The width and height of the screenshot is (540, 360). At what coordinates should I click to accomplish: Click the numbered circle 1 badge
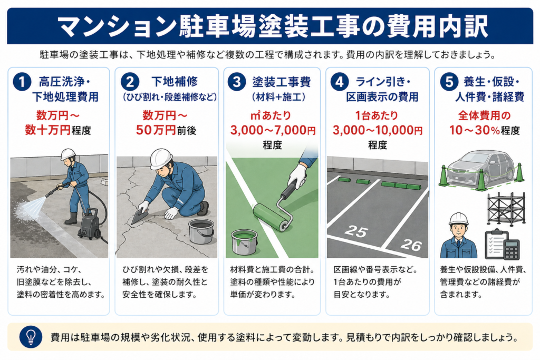[x=22, y=82]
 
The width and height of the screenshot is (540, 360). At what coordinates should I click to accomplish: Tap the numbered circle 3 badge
[x=237, y=82]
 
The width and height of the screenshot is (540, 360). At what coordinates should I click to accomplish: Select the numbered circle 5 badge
[x=449, y=82]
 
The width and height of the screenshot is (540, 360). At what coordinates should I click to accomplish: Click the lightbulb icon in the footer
[x=31, y=337]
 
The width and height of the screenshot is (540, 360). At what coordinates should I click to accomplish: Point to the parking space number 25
[x=356, y=231]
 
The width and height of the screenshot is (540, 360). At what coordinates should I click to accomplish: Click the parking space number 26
[x=411, y=245]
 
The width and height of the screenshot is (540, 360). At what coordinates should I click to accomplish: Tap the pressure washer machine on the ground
[x=90, y=223]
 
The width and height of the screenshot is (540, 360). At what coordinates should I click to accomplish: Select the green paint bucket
[x=244, y=242]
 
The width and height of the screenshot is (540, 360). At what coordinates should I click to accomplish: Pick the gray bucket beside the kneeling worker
[x=201, y=231]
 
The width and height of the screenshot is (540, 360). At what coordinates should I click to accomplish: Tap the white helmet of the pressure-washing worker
[x=68, y=154]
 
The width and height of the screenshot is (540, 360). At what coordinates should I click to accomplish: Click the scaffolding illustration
[x=506, y=209]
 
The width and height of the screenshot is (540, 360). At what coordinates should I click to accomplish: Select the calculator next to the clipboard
[x=512, y=249]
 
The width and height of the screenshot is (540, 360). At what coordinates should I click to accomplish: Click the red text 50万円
[x=156, y=130]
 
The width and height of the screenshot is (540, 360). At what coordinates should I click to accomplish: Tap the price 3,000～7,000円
[x=273, y=130]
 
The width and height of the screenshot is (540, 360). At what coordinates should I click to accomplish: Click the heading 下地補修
[x=175, y=82]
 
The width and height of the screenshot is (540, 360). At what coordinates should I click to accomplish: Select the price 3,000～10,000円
[x=378, y=130]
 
